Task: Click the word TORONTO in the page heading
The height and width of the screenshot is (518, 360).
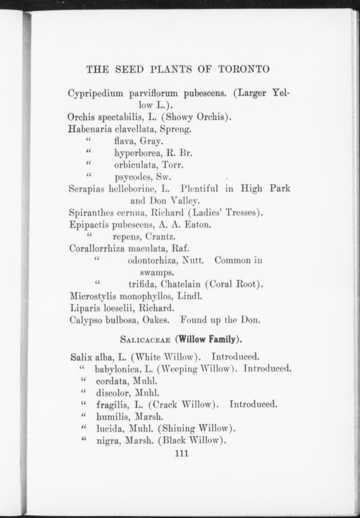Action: [244, 69]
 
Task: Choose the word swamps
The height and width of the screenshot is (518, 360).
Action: [157, 272]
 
